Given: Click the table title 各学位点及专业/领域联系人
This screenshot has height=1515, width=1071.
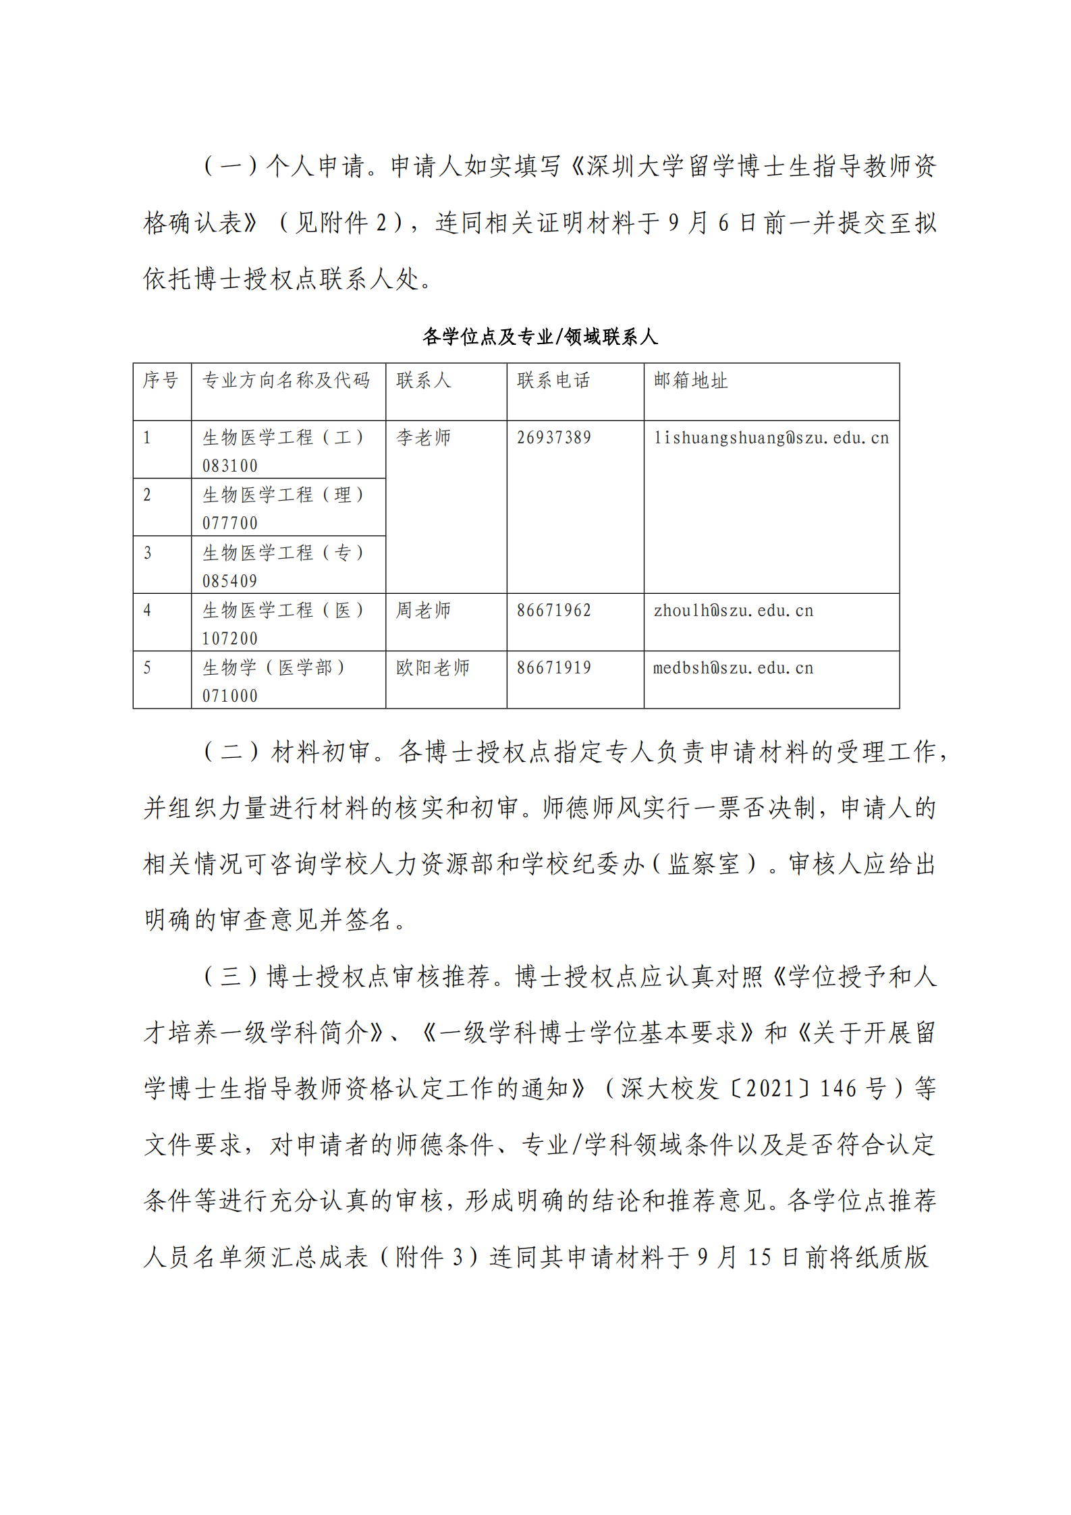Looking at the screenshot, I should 540,336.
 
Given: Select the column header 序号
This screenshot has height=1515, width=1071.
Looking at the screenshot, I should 161,381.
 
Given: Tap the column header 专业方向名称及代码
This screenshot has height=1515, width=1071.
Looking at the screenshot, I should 286,381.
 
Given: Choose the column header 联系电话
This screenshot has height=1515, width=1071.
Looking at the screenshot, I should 553,381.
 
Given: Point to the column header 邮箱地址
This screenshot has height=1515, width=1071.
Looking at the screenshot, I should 690,381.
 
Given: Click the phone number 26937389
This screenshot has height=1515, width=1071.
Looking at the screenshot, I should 554,438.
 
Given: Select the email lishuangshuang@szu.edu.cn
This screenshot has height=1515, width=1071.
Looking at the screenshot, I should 771,438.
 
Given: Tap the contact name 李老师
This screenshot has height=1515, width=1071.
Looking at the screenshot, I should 423,438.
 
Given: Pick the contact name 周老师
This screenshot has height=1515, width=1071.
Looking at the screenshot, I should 423,611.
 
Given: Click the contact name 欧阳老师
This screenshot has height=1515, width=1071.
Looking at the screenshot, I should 433,668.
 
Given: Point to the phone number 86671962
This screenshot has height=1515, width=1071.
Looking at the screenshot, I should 554,611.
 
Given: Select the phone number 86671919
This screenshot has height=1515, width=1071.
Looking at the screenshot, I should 554,668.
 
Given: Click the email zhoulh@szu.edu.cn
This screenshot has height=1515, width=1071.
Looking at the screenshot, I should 734,611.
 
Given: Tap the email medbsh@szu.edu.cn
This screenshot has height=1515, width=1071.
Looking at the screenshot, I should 734,668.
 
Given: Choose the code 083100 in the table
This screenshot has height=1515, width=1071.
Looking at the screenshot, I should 230,466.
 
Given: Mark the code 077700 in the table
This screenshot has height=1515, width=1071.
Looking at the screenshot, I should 230,524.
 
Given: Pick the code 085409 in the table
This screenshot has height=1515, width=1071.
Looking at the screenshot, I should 230,581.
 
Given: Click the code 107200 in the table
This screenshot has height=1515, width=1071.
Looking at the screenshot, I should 230,638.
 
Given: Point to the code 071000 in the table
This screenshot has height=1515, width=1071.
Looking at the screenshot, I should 230,696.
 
